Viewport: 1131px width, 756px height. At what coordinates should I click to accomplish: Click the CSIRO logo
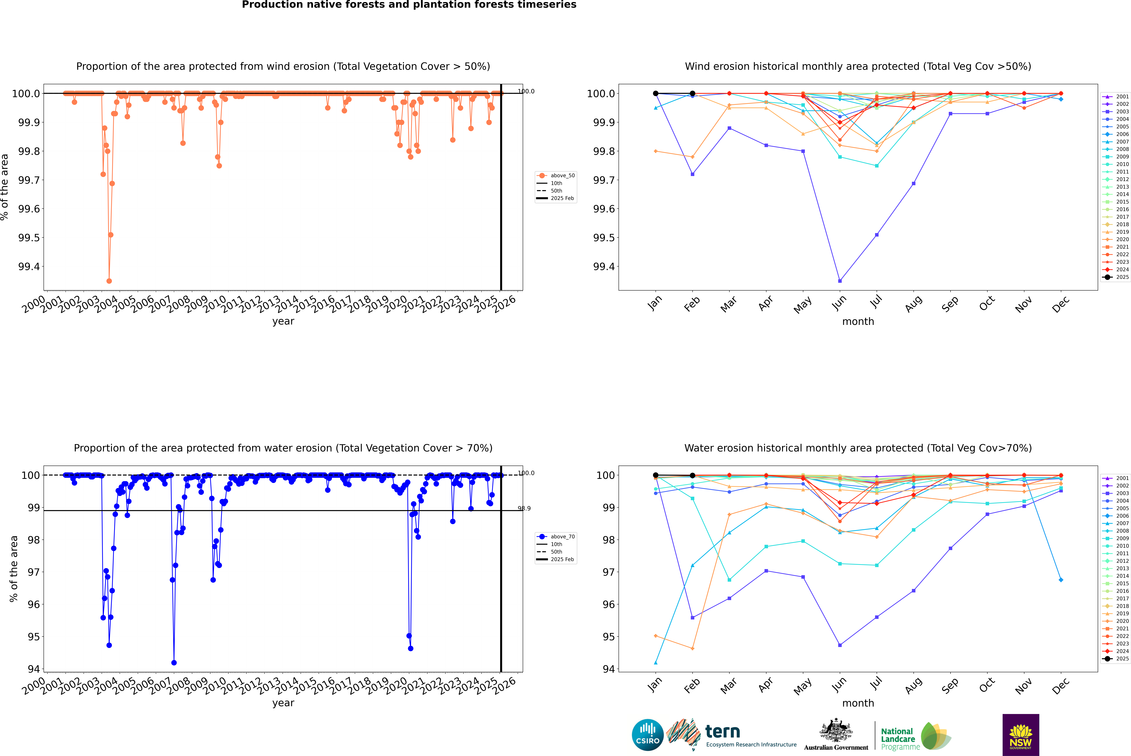pyautogui.click(x=648, y=735)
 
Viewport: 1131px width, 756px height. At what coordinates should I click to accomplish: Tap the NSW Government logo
pyautogui.click(x=1021, y=735)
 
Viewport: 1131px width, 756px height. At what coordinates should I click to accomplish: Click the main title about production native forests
pyautogui.click(x=409, y=5)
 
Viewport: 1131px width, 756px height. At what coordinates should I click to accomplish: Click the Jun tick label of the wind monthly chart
pyautogui.click(x=839, y=303)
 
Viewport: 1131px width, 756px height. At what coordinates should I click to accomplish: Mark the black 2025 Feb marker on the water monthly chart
pyautogui.click(x=692, y=475)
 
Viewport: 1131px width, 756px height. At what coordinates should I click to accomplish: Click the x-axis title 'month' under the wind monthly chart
pyautogui.click(x=858, y=322)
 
